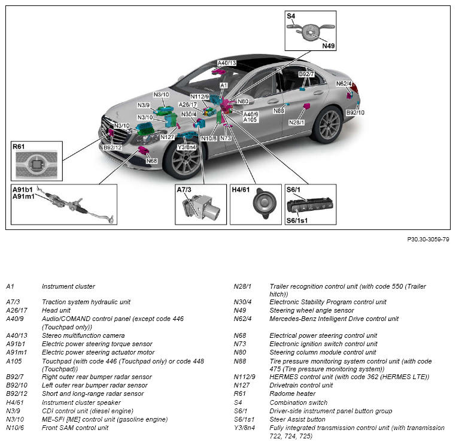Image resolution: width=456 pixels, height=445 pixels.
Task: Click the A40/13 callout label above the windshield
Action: tap(226, 63)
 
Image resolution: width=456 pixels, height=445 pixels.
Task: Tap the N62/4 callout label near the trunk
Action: tap(343, 84)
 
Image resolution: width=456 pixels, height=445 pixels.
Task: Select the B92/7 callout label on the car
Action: tap(306, 74)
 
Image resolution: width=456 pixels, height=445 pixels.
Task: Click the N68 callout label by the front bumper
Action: tap(151, 161)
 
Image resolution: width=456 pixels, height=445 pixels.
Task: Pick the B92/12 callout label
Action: tap(112, 147)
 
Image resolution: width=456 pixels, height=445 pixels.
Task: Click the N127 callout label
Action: tap(167, 137)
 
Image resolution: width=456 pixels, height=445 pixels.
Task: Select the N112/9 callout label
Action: tap(199, 97)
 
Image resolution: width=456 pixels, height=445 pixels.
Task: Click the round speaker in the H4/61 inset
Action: tap(264, 202)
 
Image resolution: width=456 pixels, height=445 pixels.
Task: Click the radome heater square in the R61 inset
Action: tap(37, 163)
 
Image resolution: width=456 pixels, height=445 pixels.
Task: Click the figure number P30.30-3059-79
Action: tap(428, 239)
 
